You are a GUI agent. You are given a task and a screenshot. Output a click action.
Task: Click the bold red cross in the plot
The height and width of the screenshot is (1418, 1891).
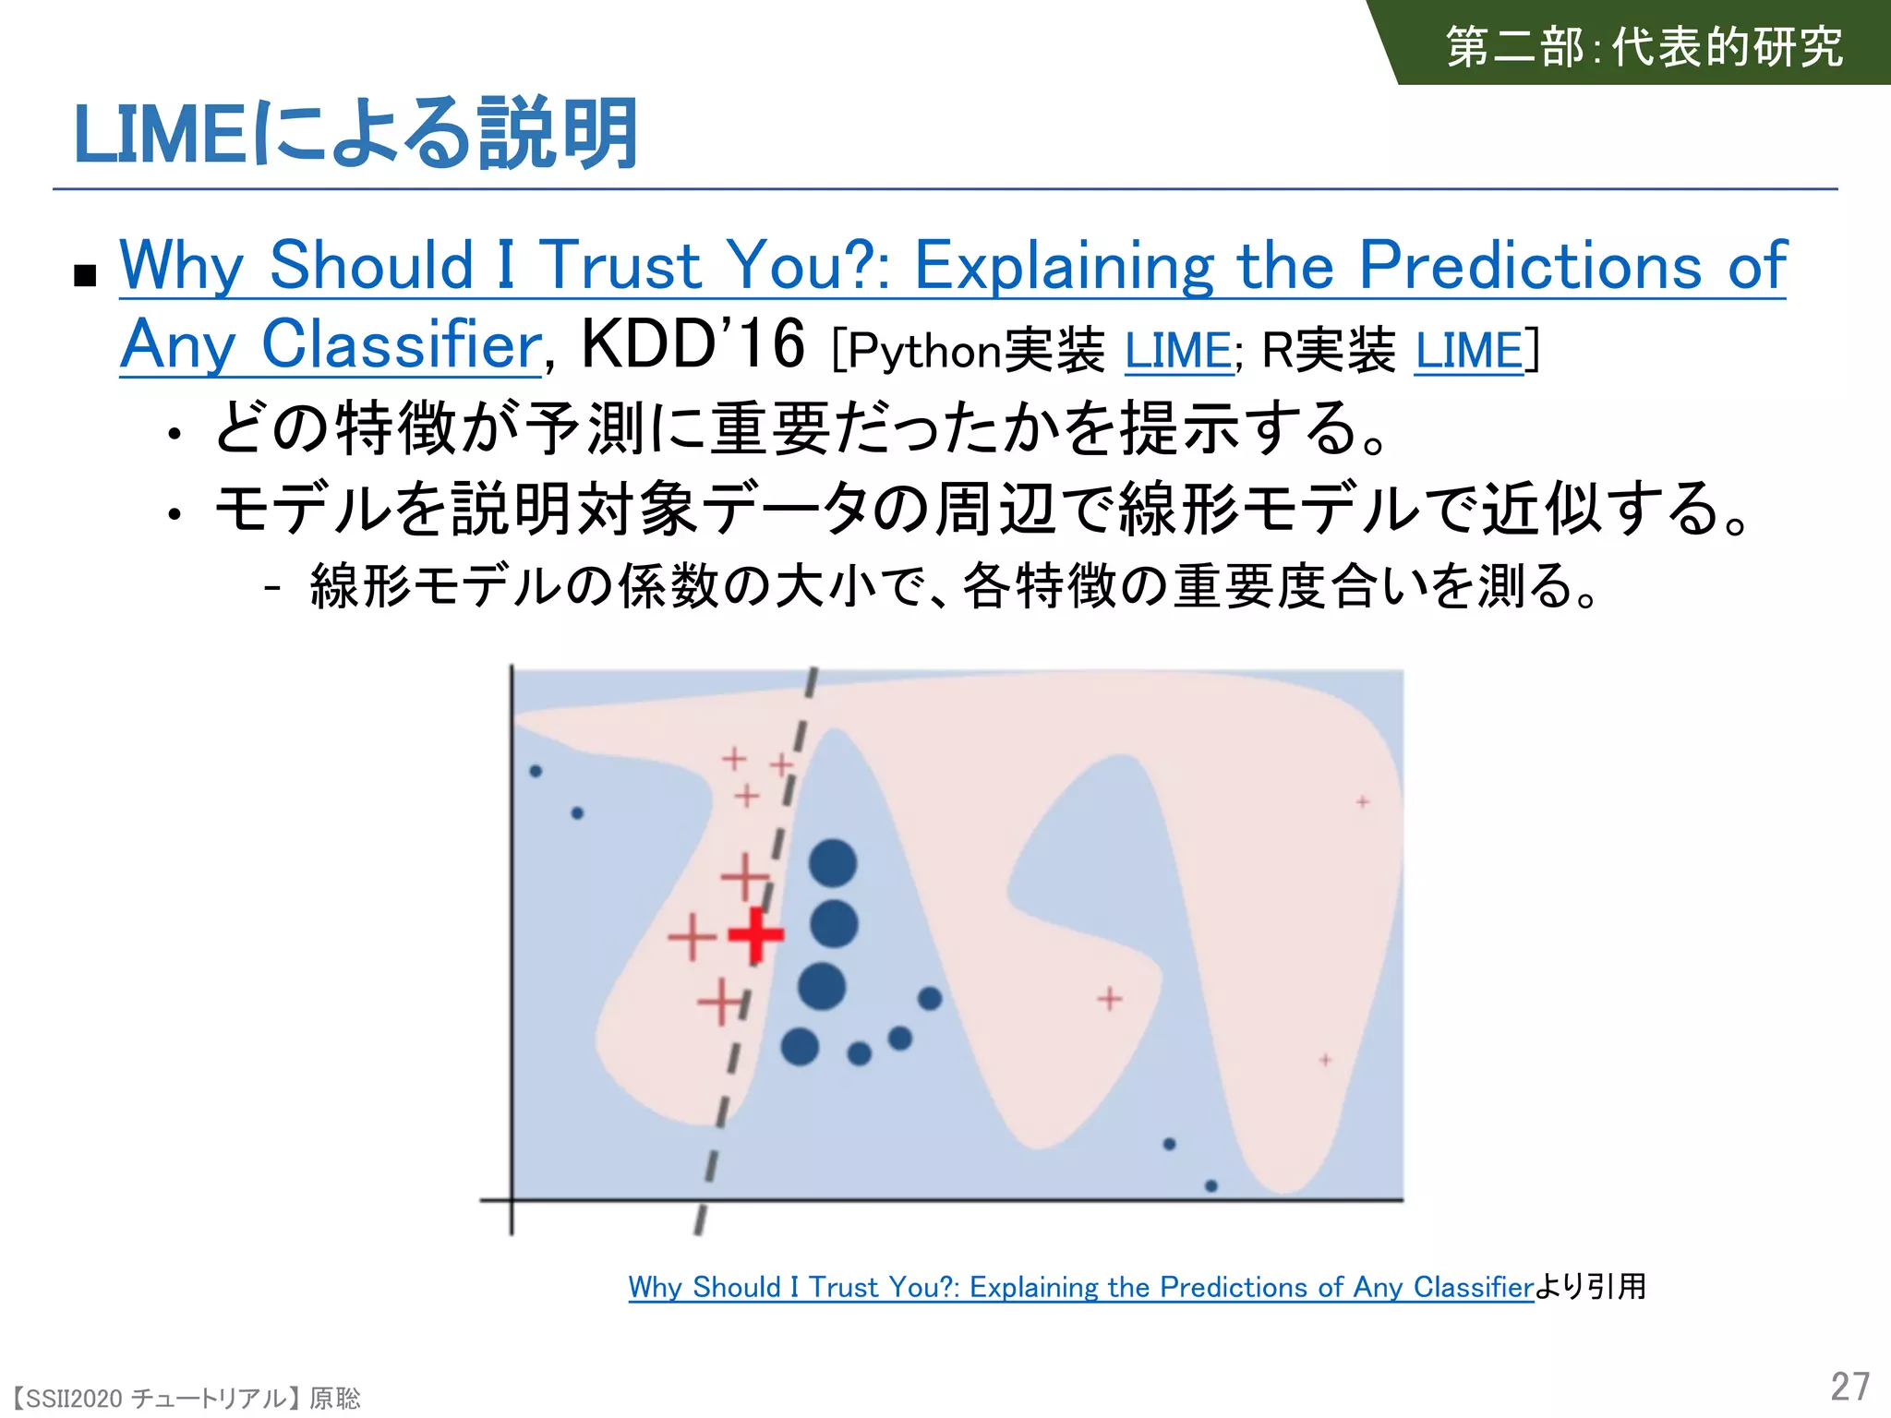click(x=756, y=934)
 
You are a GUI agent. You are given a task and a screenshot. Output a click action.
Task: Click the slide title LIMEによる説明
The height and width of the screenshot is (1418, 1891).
click(x=355, y=135)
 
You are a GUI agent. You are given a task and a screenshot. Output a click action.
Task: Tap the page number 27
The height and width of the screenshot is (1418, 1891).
click(x=1849, y=1387)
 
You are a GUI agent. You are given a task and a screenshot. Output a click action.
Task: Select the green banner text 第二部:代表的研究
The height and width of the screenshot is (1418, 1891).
click(x=1644, y=46)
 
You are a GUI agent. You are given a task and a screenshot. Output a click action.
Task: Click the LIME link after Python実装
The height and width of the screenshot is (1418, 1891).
click(x=1178, y=351)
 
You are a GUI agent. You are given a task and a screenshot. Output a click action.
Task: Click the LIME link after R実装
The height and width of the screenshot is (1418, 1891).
click(x=1469, y=351)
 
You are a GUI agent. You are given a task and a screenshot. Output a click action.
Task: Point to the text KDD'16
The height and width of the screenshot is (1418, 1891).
click(x=693, y=343)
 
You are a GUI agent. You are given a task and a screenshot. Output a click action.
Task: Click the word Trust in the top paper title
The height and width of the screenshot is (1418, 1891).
click(x=620, y=265)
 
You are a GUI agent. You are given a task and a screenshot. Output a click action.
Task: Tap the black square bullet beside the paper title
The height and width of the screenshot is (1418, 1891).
click(x=85, y=275)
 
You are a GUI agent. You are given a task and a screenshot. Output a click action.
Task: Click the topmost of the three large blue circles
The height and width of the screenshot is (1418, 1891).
click(x=833, y=864)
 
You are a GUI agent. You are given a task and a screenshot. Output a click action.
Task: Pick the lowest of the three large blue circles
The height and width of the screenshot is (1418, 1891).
click(x=822, y=985)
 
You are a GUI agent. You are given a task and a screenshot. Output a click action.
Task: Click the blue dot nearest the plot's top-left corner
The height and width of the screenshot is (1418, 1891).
click(x=536, y=771)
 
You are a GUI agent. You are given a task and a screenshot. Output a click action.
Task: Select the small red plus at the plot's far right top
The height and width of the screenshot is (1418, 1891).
click(x=1362, y=802)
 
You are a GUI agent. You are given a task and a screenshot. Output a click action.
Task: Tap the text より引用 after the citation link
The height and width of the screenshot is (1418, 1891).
click(x=1590, y=1286)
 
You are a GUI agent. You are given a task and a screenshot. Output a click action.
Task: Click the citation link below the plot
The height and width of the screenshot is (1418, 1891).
click(x=1080, y=1286)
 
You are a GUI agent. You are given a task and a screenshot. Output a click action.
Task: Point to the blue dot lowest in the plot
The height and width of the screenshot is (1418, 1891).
click(x=1211, y=1185)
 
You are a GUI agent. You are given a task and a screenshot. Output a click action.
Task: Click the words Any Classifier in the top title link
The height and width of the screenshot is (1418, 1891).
click(x=331, y=344)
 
